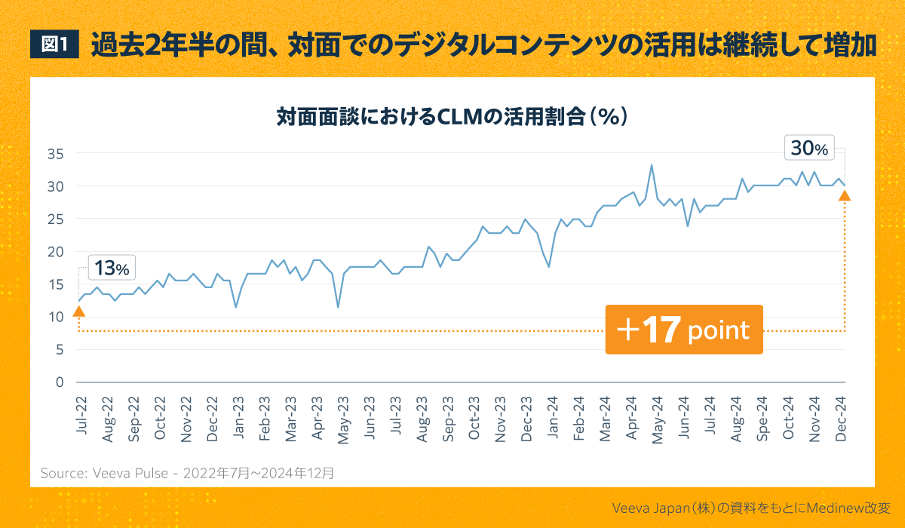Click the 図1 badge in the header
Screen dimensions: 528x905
(x=54, y=45)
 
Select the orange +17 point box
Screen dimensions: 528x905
(x=684, y=330)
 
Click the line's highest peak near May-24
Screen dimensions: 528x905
(x=652, y=165)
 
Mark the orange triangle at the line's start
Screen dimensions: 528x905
(x=78, y=311)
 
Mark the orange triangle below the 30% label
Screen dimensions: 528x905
(x=845, y=196)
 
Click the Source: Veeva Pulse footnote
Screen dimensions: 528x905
(x=187, y=474)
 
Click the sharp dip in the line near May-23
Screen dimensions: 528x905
(x=338, y=307)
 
